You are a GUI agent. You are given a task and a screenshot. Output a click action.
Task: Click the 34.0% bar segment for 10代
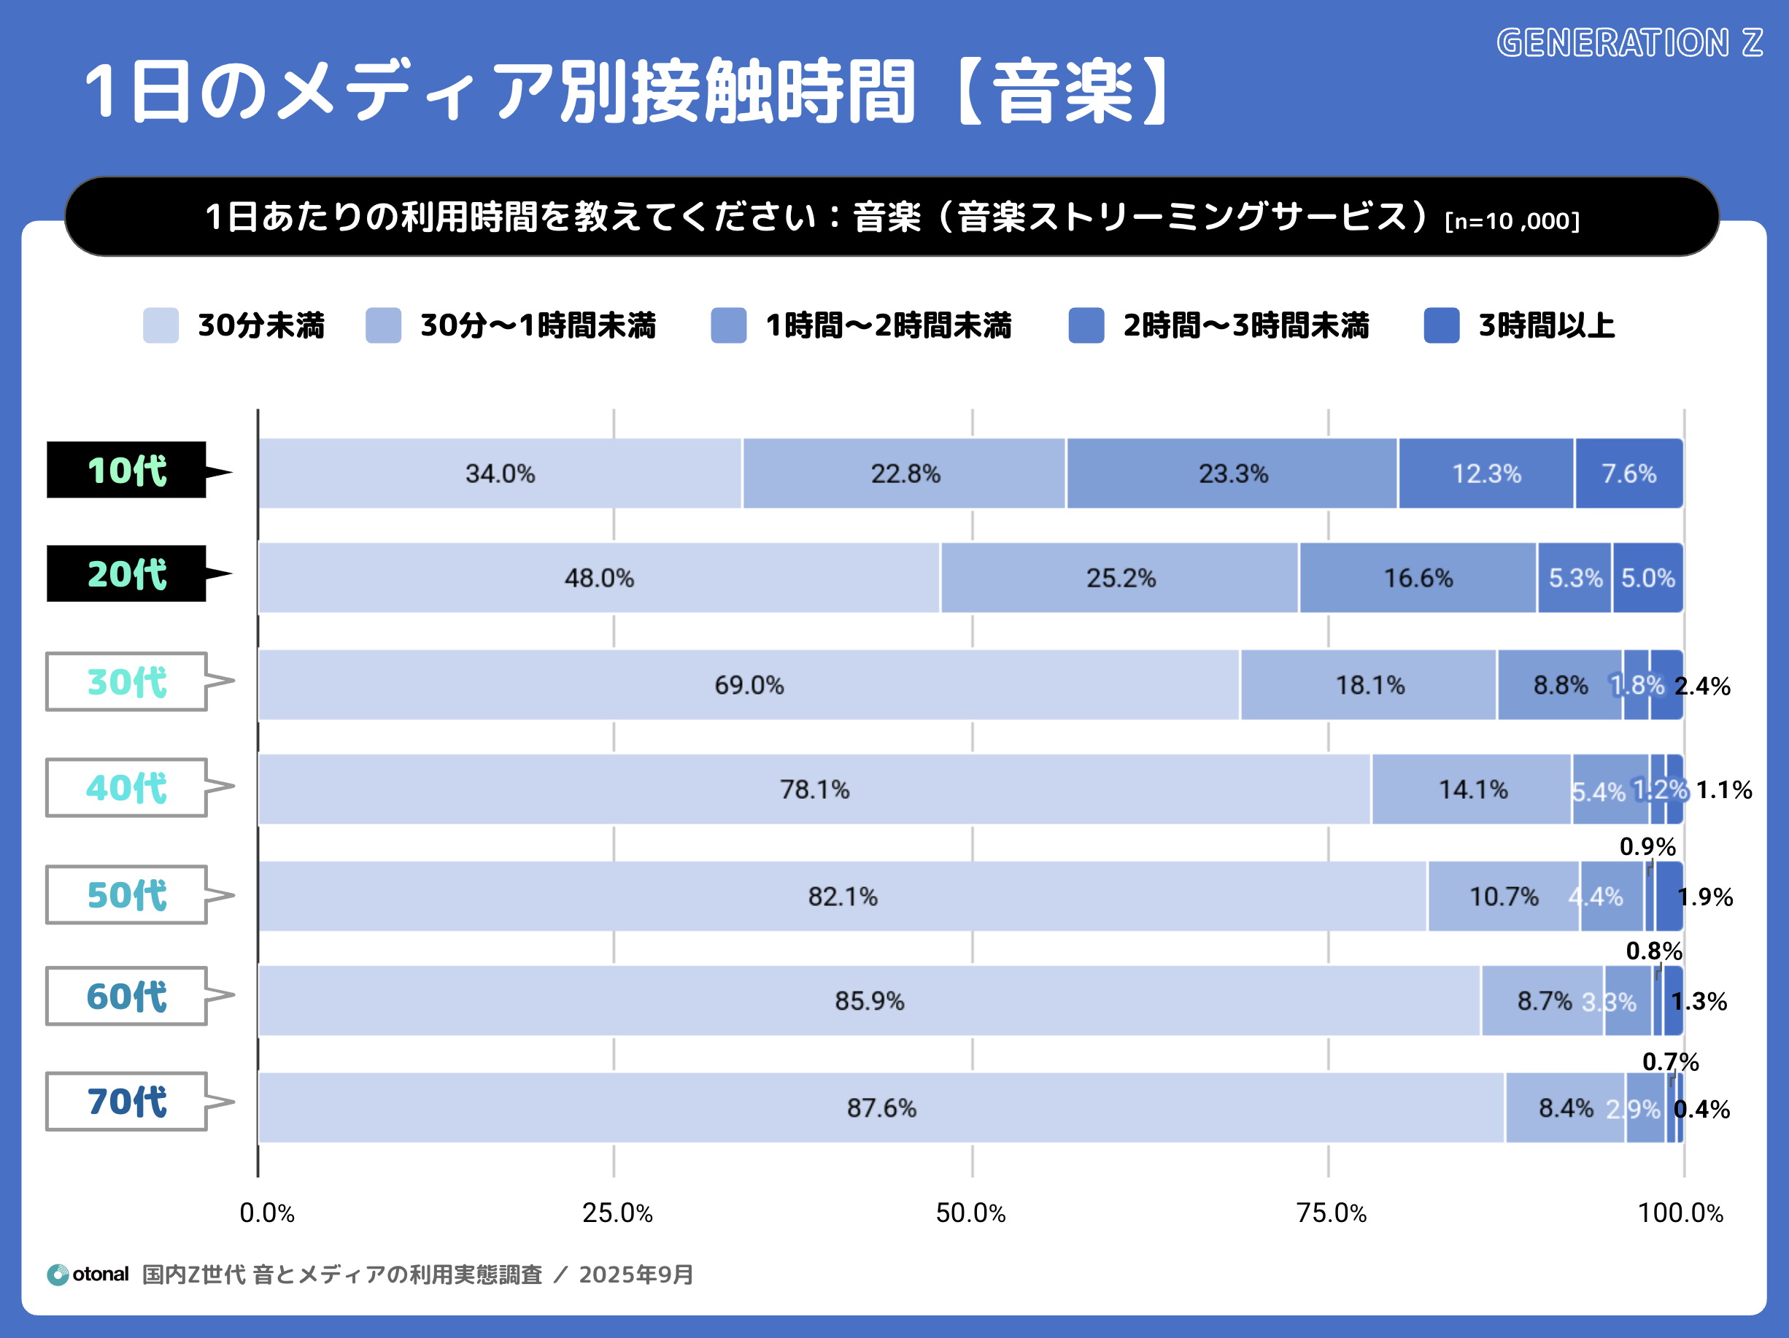[500, 473]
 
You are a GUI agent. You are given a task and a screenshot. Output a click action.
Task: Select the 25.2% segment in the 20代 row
[1120, 578]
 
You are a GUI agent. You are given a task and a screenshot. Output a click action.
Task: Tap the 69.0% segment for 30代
[749, 684]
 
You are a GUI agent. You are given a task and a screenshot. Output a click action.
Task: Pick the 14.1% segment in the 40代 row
[1472, 789]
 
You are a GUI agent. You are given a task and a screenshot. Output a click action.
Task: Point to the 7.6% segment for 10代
[1629, 473]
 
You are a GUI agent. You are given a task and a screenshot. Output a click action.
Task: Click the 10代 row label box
[127, 470]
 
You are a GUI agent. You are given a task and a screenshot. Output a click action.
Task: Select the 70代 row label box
[127, 1101]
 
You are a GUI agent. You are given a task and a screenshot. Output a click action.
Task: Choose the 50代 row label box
[127, 894]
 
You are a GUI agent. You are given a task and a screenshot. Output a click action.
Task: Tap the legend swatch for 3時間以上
[1441, 325]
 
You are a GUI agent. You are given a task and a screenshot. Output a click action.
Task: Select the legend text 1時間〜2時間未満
[888, 325]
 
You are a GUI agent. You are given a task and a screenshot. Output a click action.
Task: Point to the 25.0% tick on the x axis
[617, 1213]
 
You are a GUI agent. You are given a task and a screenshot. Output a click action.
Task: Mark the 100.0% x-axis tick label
[1680, 1213]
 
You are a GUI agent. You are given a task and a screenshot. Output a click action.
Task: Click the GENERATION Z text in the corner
[1629, 43]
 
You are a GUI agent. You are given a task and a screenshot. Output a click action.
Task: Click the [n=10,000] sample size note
[1512, 221]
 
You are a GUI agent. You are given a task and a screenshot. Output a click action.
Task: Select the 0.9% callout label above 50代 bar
[1647, 846]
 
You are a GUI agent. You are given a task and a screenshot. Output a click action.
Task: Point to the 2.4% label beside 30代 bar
[1701, 686]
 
